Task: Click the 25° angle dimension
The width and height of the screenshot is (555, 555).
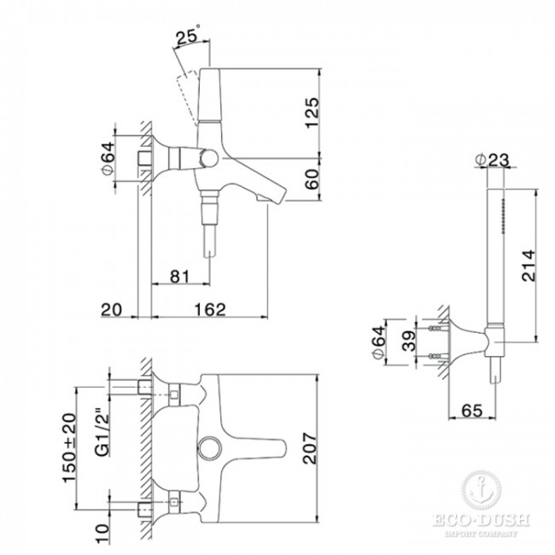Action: (x=189, y=35)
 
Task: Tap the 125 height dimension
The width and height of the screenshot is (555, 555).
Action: (x=312, y=113)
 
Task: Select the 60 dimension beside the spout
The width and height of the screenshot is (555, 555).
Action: (x=312, y=179)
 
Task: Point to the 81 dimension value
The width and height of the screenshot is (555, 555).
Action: (x=180, y=277)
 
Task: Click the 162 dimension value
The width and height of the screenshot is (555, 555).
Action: (x=210, y=309)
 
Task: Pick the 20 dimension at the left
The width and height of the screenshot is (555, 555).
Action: (x=111, y=310)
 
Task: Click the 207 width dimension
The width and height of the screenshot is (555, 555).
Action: (x=311, y=447)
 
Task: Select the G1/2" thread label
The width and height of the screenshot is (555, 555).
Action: (x=102, y=433)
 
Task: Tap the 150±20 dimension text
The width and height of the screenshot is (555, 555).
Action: (x=69, y=447)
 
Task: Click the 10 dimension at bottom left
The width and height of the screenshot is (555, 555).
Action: (x=102, y=535)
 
